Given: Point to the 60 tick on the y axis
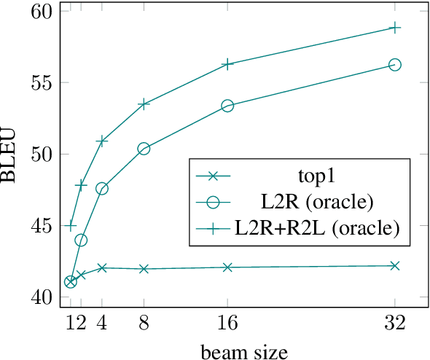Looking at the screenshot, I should tap(41, 12).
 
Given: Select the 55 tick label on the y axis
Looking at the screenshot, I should tap(41, 83).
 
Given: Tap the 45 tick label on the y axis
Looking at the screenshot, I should tap(41, 226).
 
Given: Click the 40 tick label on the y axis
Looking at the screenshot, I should tap(41, 297).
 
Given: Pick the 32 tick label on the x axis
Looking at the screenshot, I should tap(395, 321).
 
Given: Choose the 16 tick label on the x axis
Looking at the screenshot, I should tap(227, 321).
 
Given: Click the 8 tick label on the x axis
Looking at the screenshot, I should tap(144, 321).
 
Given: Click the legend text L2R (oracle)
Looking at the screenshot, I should tap(316, 201).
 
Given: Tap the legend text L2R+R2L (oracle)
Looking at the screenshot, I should tap(316, 227).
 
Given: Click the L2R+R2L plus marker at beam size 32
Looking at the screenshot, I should tap(395, 28).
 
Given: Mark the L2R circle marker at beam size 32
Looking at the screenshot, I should tap(395, 65).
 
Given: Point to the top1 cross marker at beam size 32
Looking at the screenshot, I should tap(395, 266).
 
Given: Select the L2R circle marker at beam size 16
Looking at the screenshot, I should tap(227, 106).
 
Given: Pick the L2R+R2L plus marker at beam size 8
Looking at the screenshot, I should tap(144, 104).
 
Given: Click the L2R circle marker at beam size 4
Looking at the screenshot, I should tap(102, 189).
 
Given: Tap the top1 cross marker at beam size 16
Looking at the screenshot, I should tap(227, 267).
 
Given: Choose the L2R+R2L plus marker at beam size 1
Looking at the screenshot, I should tap(70, 226).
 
